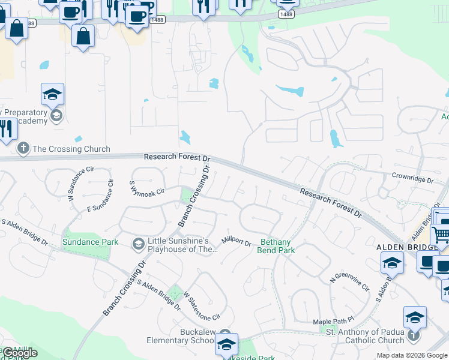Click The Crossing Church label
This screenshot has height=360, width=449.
coord(71,149)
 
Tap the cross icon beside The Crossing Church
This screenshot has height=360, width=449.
coord(23,148)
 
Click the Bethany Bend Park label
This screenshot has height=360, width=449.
coord(277,246)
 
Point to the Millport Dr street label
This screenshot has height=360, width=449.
coord(236,242)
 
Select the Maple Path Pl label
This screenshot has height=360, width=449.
coord(334,322)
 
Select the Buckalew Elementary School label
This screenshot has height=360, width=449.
coord(181,336)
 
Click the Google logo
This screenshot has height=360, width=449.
coord(19,353)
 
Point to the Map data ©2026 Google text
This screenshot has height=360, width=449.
coord(412,355)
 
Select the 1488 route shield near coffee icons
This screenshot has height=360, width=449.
coord(158,19)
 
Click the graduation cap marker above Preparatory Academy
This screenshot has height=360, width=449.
coord(53,94)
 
